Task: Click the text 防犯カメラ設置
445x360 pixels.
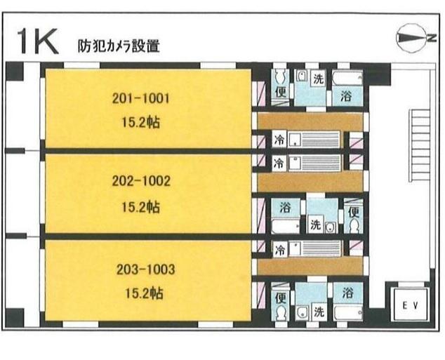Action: click(x=119, y=47)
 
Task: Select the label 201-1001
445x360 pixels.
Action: click(x=141, y=99)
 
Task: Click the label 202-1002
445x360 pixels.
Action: click(x=141, y=181)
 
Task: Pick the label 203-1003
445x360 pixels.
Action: click(x=142, y=269)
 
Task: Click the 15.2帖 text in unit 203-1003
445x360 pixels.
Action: click(x=142, y=293)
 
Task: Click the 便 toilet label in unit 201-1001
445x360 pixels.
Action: click(x=281, y=91)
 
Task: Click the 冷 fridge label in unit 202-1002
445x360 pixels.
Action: click(x=279, y=164)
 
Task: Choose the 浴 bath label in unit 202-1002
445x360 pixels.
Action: click(x=285, y=208)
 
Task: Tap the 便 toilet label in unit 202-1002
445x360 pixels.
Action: click(x=353, y=210)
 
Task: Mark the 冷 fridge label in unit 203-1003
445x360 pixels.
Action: click(x=279, y=249)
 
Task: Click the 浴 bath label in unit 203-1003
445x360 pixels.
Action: click(x=347, y=291)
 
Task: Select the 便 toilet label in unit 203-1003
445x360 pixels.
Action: click(x=281, y=297)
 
